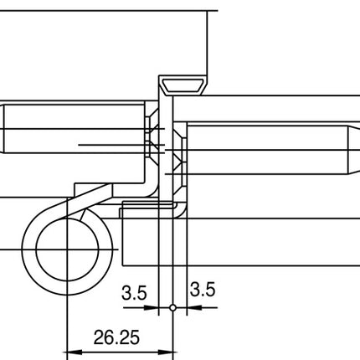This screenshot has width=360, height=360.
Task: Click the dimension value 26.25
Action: coord(116,337)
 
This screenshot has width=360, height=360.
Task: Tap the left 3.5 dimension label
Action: coord(134,292)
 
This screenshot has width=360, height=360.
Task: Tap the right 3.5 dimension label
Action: coord(203,291)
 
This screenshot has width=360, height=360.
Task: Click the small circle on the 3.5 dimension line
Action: coord(173,308)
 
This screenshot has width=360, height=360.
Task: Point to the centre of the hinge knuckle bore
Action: coord(64,249)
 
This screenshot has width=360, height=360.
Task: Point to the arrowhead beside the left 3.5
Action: coord(153,308)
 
